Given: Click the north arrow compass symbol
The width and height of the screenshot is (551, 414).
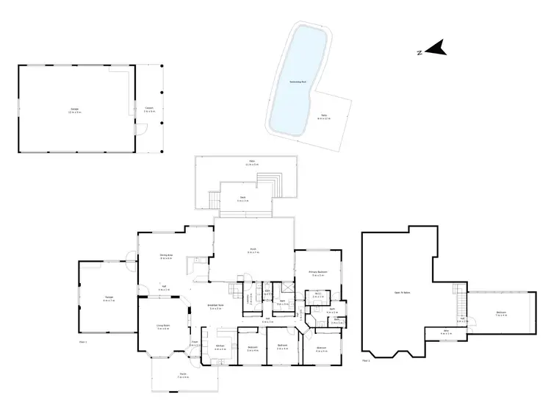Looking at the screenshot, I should coord(436,51).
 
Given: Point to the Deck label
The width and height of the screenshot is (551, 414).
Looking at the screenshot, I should coord(242,198).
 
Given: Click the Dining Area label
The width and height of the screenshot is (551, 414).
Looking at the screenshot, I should coord(166,257).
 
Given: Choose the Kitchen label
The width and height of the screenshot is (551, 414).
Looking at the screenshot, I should coord(219,348).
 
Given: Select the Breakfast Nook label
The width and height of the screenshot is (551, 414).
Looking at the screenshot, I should coord(216,307).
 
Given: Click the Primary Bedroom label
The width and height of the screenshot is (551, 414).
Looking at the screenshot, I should coord(317,274).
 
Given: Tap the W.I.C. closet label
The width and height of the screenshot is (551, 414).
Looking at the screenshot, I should coord(317,296).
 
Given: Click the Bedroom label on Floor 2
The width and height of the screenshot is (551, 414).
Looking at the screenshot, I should coord(501,314).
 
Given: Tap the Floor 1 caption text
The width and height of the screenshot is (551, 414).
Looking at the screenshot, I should coord(82,342).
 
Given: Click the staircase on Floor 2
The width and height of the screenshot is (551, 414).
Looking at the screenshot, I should coord(459,298).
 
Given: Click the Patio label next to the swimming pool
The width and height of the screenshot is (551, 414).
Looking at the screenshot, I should coord(324,116).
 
